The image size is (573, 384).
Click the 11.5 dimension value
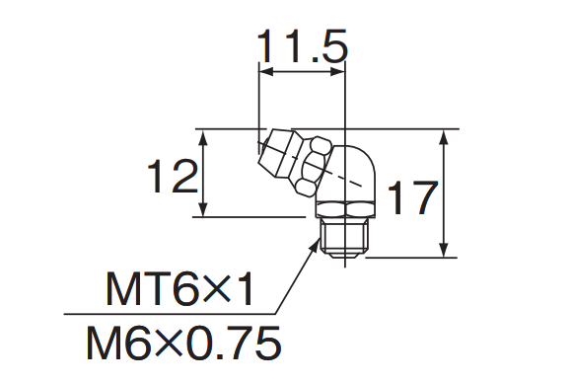click(x=302, y=45)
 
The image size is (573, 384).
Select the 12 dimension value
click(x=173, y=176)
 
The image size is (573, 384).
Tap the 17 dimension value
click(x=412, y=196)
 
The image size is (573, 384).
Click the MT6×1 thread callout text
click(x=179, y=288)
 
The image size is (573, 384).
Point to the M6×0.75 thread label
click(x=183, y=344)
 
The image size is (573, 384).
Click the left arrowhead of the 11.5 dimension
click(x=266, y=72)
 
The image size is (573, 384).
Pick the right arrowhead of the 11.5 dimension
click(x=337, y=72)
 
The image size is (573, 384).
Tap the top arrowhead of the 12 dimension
click(x=204, y=136)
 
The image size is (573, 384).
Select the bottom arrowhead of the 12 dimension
click(x=204, y=209)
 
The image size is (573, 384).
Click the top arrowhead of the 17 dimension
click(x=444, y=136)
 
